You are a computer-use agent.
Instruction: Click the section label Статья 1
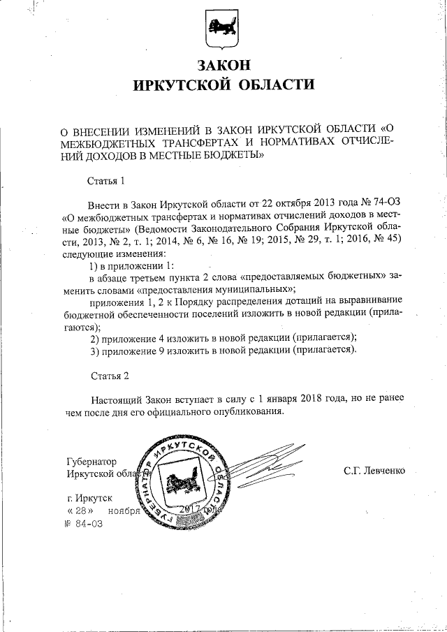click(x=105, y=180)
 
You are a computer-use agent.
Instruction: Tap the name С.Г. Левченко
click(x=373, y=471)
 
